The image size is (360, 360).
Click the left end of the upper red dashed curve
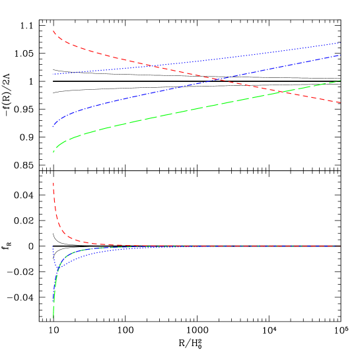[x=54, y=30]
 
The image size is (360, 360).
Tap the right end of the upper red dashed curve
[x=340, y=102]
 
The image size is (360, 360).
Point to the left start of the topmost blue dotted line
[x=54, y=74]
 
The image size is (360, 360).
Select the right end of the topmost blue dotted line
[x=340, y=42]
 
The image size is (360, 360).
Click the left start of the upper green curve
[x=54, y=152]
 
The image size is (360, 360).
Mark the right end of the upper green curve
[x=340, y=81]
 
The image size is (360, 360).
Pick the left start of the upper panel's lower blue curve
[x=54, y=126]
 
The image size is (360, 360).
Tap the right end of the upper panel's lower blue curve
[x=340, y=55]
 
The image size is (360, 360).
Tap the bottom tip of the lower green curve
[x=54, y=318]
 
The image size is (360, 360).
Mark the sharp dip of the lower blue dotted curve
[x=55, y=270]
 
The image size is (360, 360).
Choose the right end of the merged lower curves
[x=340, y=246]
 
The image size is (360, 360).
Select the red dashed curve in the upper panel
[x=99, y=51]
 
